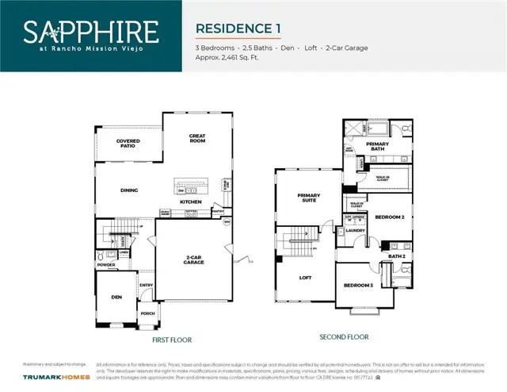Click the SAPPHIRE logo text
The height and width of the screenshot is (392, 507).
pos(90,33)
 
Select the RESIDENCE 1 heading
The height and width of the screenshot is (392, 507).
pos(238,29)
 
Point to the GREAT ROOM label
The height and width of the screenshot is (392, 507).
pos(196,138)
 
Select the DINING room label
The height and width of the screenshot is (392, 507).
pos(129,190)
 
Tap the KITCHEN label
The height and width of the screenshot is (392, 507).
pos(190,202)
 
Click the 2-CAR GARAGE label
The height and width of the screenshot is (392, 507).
pos(194,259)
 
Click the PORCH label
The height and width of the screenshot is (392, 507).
pos(147,313)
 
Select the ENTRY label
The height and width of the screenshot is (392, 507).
pos(147,285)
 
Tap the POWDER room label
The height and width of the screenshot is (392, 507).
pos(105,266)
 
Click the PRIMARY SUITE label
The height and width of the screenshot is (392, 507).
pos(307,198)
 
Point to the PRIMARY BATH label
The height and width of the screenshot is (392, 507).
pos(376,146)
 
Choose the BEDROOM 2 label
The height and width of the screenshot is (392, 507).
pos(389,217)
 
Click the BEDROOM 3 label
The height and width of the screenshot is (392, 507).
pos(358,286)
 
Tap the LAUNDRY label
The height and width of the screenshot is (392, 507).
pos(355,231)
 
